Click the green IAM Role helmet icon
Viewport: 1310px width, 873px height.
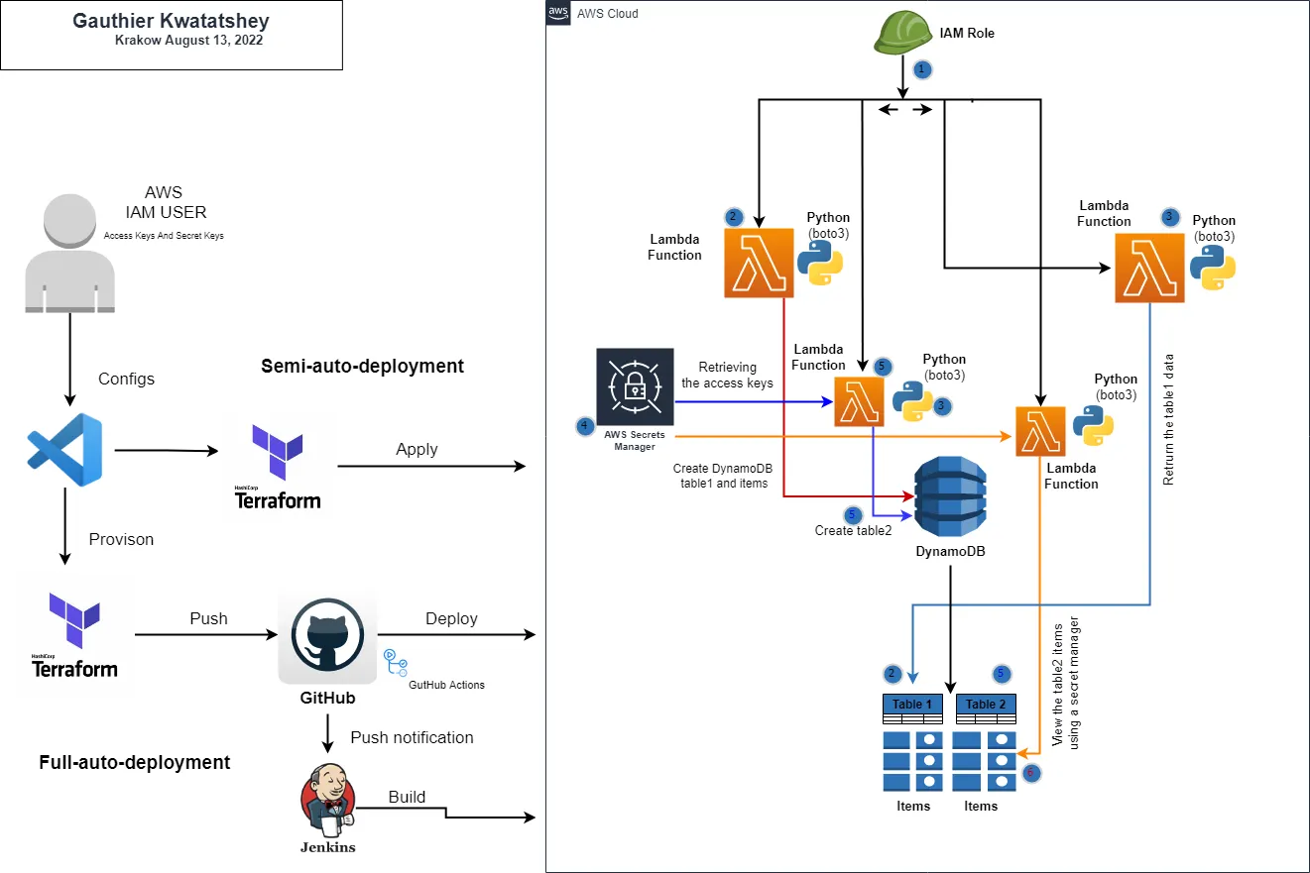(902, 32)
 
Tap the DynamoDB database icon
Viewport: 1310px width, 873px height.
(952, 496)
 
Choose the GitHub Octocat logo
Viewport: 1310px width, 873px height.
(327, 637)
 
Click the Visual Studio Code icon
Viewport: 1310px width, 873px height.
(65, 449)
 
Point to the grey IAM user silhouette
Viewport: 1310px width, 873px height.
(68, 254)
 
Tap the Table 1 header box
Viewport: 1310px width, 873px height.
(912, 705)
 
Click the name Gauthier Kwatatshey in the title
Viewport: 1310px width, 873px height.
(171, 21)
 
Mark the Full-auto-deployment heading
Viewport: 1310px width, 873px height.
(135, 762)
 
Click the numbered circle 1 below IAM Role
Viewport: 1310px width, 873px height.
(922, 69)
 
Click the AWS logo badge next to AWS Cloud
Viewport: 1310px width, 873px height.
(558, 13)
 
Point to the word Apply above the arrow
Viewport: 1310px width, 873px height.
(417, 449)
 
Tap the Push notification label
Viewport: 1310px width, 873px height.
(412, 737)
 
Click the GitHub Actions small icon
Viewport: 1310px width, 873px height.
(395, 662)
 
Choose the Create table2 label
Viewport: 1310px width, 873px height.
(853, 530)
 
